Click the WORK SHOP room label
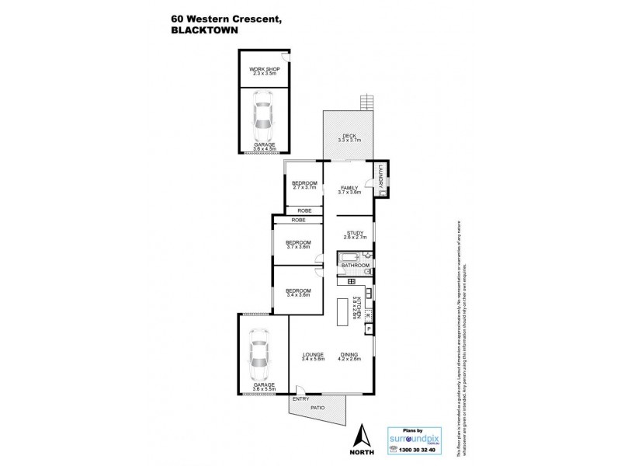[264, 70]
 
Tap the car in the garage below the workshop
[264, 115]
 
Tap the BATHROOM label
[355, 266]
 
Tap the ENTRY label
[300, 399]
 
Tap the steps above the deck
[366, 102]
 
